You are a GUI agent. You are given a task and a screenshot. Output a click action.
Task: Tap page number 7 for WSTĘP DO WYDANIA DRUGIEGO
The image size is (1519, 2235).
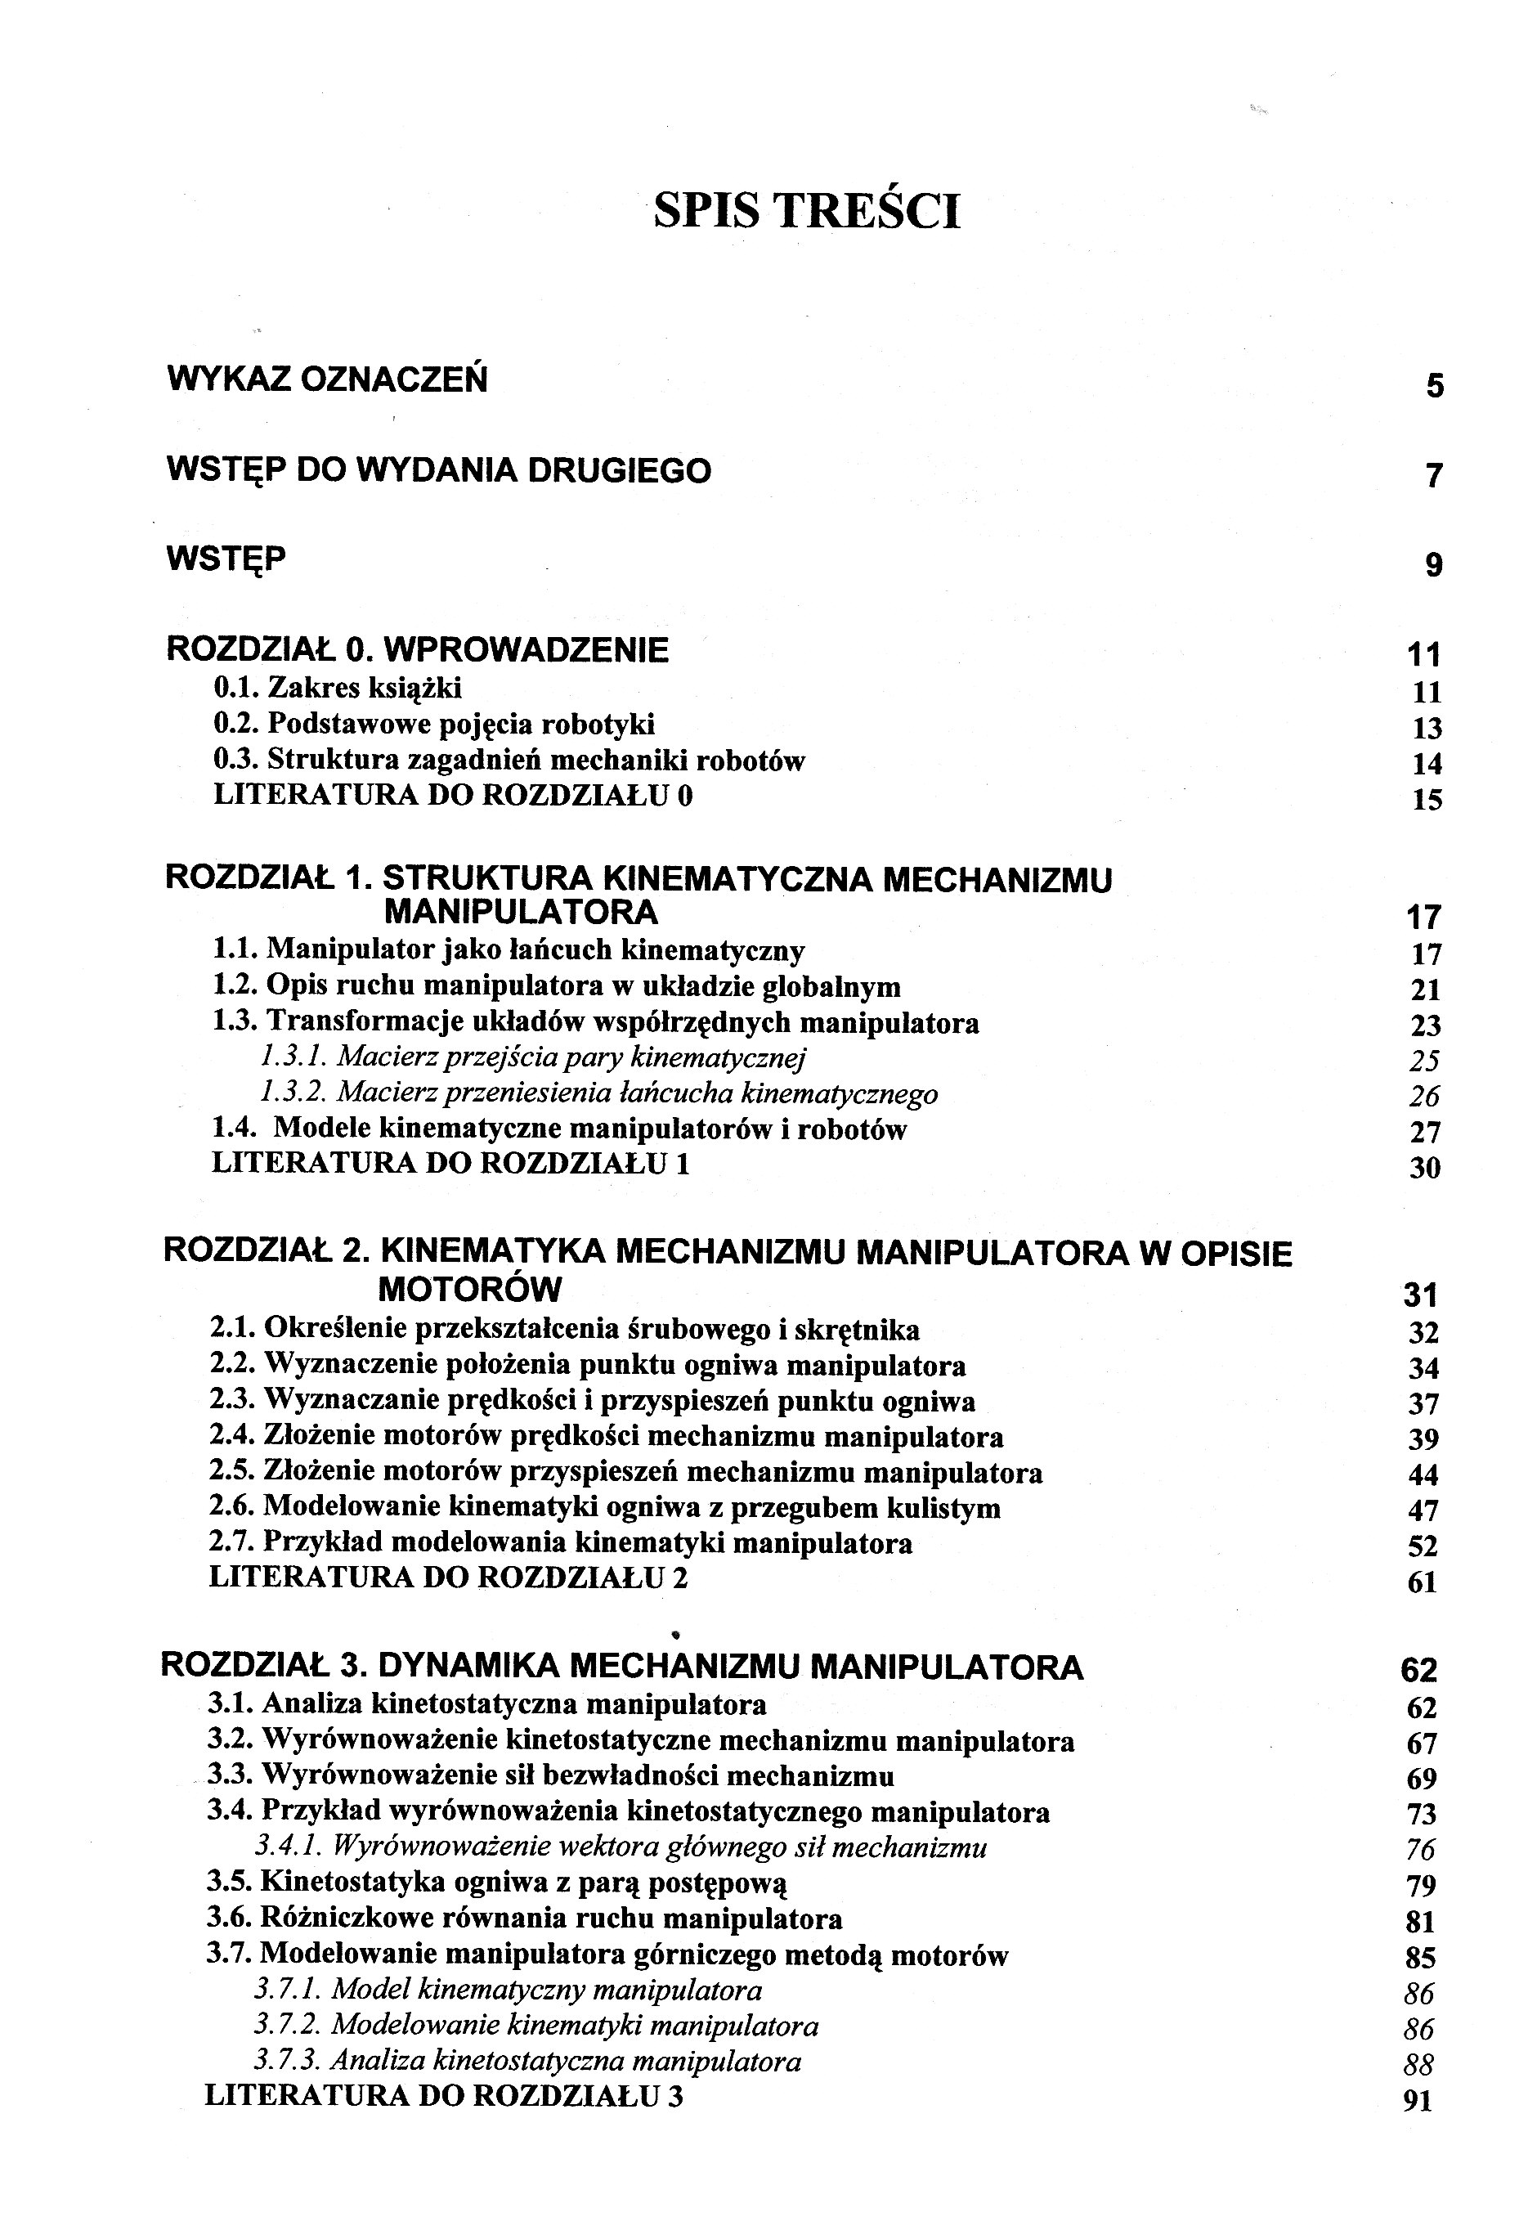pyautogui.click(x=1433, y=476)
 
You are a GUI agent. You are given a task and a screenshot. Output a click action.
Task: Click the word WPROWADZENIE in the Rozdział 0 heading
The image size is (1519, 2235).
pyautogui.click(x=526, y=650)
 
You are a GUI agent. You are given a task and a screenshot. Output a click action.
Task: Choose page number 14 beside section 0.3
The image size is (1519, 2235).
pyautogui.click(x=1427, y=764)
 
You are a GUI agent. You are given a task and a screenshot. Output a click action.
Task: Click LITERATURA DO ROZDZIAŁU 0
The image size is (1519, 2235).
pyautogui.click(x=452, y=796)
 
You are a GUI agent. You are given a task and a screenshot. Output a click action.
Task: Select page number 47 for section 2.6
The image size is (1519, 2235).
pyautogui.click(x=1423, y=1510)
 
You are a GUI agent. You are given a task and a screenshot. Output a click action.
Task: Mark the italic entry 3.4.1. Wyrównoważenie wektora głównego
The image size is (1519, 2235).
pyautogui.click(x=620, y=1847)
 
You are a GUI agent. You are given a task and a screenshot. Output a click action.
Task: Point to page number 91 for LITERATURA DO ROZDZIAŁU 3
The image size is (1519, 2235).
pyautogui.click(x=1418, y=2102)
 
